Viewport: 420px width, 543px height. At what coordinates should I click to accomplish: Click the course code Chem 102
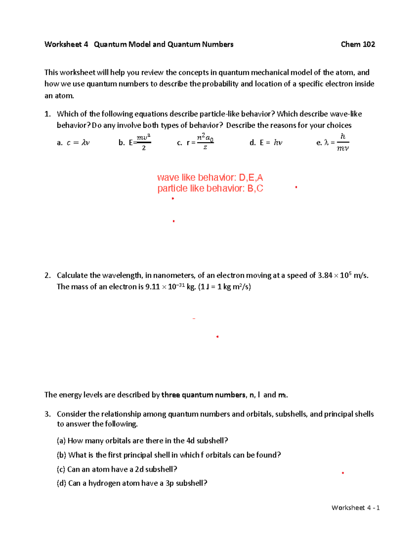point(358,44)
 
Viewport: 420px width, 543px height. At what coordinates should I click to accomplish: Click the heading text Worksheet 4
point(66,44)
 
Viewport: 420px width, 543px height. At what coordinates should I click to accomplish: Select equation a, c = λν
point(73,143)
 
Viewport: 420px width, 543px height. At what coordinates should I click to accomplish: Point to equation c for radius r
point(196,142)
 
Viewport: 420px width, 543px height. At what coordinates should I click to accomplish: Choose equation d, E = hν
point(266,143)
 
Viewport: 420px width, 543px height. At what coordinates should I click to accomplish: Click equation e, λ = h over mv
point(333,142)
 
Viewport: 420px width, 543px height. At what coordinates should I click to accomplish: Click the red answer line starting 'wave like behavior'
point(210,177)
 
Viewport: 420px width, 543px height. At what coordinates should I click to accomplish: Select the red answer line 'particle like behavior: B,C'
point(210,188)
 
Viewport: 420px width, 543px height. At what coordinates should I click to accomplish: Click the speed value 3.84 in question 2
point(325,276)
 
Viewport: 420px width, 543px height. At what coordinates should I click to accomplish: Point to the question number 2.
point(48,276)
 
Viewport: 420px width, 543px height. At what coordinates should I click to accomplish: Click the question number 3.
point(48,414)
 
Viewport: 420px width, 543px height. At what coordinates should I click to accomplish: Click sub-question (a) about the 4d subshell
point(142,441)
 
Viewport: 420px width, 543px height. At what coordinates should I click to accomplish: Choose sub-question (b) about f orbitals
point(169,455)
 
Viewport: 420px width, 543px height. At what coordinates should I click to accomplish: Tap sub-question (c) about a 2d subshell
point(117,470)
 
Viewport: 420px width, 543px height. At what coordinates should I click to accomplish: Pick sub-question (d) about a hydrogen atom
point(132,484)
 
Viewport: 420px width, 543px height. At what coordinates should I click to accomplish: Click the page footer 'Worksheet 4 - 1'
point(355,508)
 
